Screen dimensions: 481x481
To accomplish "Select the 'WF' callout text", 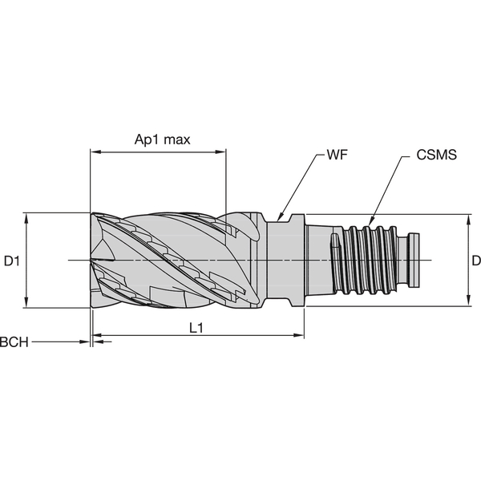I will pos(336,153).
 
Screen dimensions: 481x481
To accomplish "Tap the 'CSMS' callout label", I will pos(437,155).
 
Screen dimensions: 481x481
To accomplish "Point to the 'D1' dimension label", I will pos(11,260).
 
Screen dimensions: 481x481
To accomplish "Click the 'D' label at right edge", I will pos(475,260).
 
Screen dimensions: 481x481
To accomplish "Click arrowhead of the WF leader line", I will pos(278,217).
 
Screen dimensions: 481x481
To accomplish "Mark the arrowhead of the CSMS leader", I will pos(370,225).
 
